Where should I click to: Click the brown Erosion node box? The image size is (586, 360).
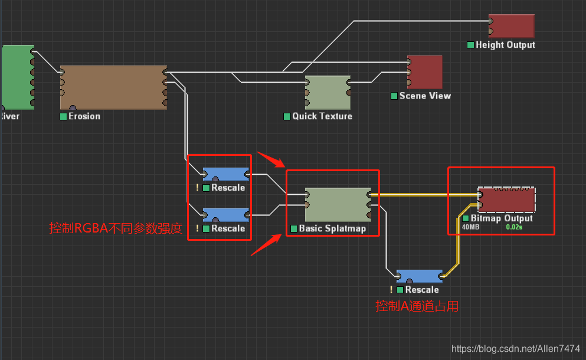(x=113, y=87)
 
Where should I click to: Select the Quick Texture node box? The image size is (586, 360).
(x=328, y=93)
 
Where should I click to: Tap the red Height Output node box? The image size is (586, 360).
(x=511, y=27)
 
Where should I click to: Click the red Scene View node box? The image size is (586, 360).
(x=425, y=72)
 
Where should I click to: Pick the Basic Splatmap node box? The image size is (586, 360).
(x=338, y=204)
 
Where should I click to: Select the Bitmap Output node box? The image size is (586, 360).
(x=507, y=200)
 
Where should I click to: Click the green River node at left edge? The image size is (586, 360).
(x=17, y=77)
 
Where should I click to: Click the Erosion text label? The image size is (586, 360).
(x=84, y=116)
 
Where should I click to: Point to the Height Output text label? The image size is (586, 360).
(x=505, y=45)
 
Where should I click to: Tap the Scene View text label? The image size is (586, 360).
(x=425, y=96)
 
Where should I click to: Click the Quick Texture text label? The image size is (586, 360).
(x=322, y=116)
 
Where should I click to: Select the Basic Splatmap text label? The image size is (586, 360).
(x=332, y=228)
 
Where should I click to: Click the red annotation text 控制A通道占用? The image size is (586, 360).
(x=417, y=306)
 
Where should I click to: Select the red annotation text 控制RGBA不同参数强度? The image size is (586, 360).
(x=115, y=228)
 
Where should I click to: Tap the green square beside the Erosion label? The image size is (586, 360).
(x=64, y=116)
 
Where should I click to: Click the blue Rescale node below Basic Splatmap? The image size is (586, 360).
(x=420, y=276)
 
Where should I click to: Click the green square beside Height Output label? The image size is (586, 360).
(x=470, y=45)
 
